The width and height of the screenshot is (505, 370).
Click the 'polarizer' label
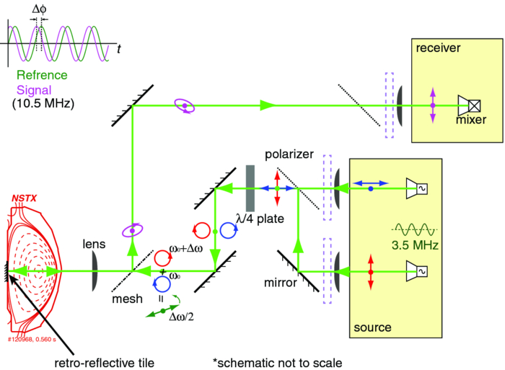point(289,155)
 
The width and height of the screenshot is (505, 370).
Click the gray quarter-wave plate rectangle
point(250,188)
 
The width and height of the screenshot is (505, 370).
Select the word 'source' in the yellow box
point(372,327)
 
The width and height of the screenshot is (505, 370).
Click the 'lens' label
point(95,245)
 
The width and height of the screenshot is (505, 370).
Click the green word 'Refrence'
point(41,75)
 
